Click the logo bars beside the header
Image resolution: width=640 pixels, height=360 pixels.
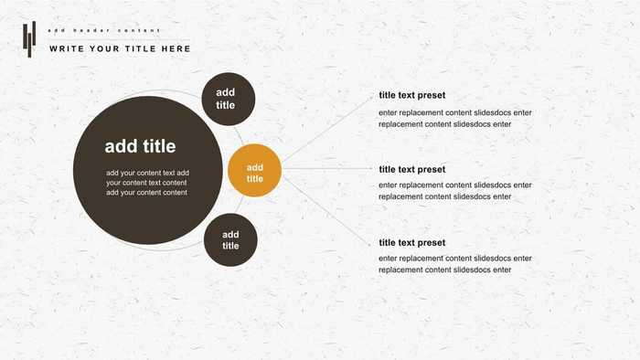coord(29,38)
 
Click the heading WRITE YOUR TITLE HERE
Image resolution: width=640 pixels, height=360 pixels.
coord(120,48)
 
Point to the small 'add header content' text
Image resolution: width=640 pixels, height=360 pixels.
coord(103,30)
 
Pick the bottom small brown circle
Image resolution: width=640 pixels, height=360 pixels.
coord(230,240)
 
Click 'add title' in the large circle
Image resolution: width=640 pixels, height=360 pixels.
coord(140,146)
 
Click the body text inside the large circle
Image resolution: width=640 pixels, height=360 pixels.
coord(146,183)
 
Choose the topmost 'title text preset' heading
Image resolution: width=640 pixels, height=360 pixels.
coord(412,95)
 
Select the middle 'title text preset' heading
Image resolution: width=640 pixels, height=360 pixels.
coord(412,169)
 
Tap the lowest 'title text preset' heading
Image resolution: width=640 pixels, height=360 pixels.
coord(412,243)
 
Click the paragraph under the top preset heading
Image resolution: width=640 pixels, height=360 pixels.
coord(454,118)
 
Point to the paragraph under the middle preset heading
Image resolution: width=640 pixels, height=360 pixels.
coord(454,191)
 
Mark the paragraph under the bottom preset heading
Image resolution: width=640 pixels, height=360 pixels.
coord(454,264)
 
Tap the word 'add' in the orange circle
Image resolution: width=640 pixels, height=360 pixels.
coord(254,167)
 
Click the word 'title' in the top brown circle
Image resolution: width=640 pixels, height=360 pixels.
coord(226,105)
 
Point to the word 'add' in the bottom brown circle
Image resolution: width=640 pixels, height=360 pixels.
coord(230,234)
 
